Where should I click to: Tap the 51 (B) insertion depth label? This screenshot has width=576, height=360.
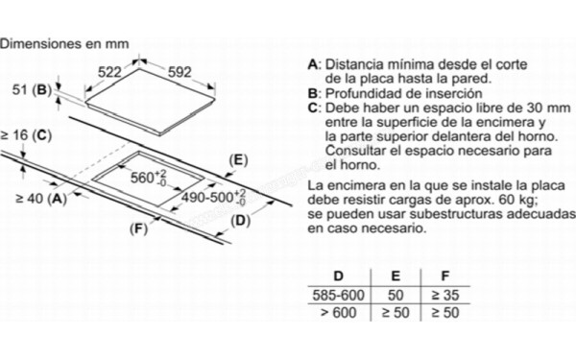27,90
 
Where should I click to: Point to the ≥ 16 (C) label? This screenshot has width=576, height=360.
25,136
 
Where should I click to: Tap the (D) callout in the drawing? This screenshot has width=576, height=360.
241,222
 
